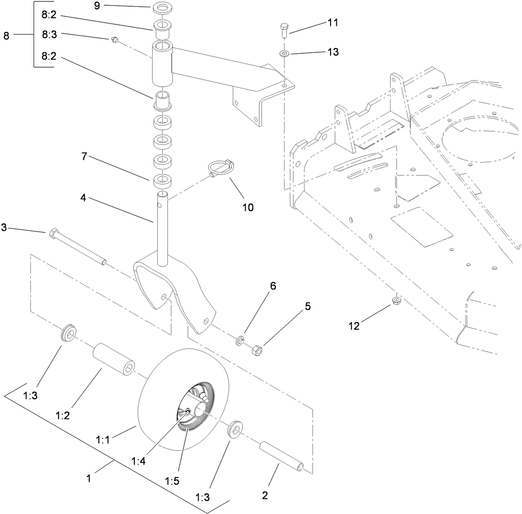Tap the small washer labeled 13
[x=284, y=53]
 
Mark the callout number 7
[x=83, y=157]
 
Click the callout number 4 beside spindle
[x=83, y=197]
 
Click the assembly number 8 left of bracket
[x=6, y=36]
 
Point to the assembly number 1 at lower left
[x=89, y=479]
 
